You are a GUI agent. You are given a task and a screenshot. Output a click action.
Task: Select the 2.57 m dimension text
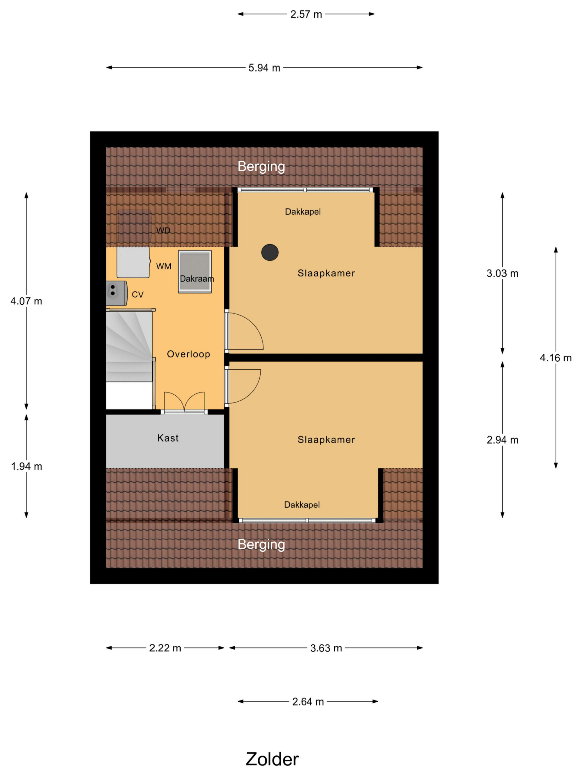306,14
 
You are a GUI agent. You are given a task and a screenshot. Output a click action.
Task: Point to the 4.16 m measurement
555,358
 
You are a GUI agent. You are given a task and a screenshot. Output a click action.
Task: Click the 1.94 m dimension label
26,466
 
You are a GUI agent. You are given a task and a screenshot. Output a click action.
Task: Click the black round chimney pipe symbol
270,252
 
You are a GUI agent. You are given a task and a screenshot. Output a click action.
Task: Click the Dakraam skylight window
195,272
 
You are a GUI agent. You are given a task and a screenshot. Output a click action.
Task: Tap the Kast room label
168,438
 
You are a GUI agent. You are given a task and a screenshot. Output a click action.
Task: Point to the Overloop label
188,354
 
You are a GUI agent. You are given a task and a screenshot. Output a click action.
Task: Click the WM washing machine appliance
133,262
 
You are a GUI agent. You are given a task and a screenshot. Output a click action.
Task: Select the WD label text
163,230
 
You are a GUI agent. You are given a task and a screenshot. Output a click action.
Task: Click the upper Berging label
261,166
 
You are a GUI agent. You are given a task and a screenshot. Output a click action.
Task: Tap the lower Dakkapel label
302,504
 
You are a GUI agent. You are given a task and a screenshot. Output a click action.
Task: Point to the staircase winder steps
129,346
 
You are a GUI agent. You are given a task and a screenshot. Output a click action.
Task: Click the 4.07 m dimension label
26,301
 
